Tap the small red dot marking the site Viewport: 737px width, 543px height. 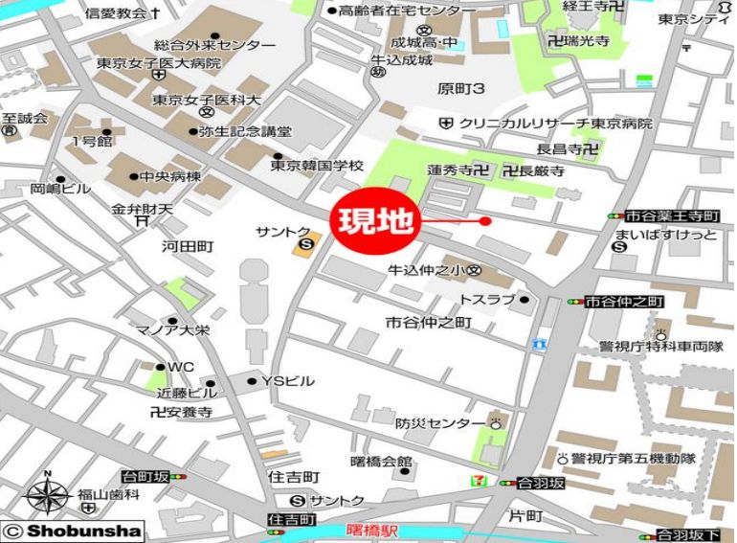[485, 221]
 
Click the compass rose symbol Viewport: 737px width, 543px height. [47, 494]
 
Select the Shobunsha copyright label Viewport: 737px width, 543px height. [73, 531]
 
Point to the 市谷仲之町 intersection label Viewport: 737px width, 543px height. [623, 301]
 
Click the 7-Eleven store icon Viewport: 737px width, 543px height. [503, 483]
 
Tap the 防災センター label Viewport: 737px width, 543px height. [440, 423]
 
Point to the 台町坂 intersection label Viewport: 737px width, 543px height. [146, 476]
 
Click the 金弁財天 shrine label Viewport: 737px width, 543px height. [142, 209]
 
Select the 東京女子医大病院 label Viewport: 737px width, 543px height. [159, 63]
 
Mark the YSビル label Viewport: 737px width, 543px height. [287, 381]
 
